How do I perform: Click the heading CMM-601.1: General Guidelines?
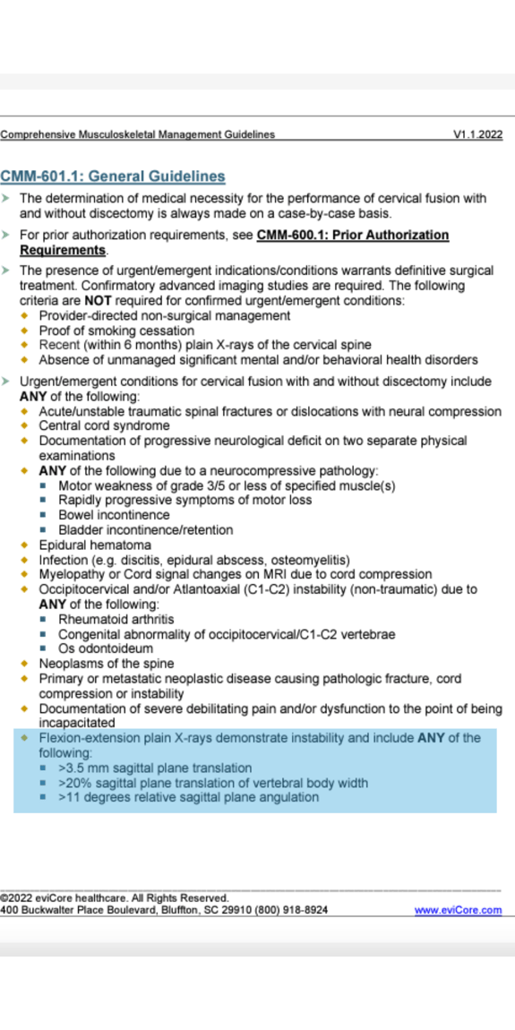[x=113, y=176]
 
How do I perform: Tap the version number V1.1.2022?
[x=477, y=135]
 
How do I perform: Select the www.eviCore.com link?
[x=458, y=910]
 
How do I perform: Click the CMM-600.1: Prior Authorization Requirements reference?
[x=352, y=236]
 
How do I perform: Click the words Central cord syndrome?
[x=104, y=426]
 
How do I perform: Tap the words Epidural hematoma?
[x=95, y=545]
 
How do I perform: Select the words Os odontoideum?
[x=106, y=648]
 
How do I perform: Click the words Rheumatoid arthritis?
[x=116, y=619]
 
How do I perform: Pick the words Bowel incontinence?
[x=114, y=515]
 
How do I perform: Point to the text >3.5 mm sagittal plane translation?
[x=155, y=768]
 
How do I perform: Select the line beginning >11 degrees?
[x=188, y=797]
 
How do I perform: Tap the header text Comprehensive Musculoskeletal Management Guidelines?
[x=138, y=135]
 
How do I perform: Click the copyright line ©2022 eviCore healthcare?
[x=115, y=897]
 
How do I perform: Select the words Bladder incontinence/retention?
[x=146, y=530]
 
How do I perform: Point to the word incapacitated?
[x=76, y=723]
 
